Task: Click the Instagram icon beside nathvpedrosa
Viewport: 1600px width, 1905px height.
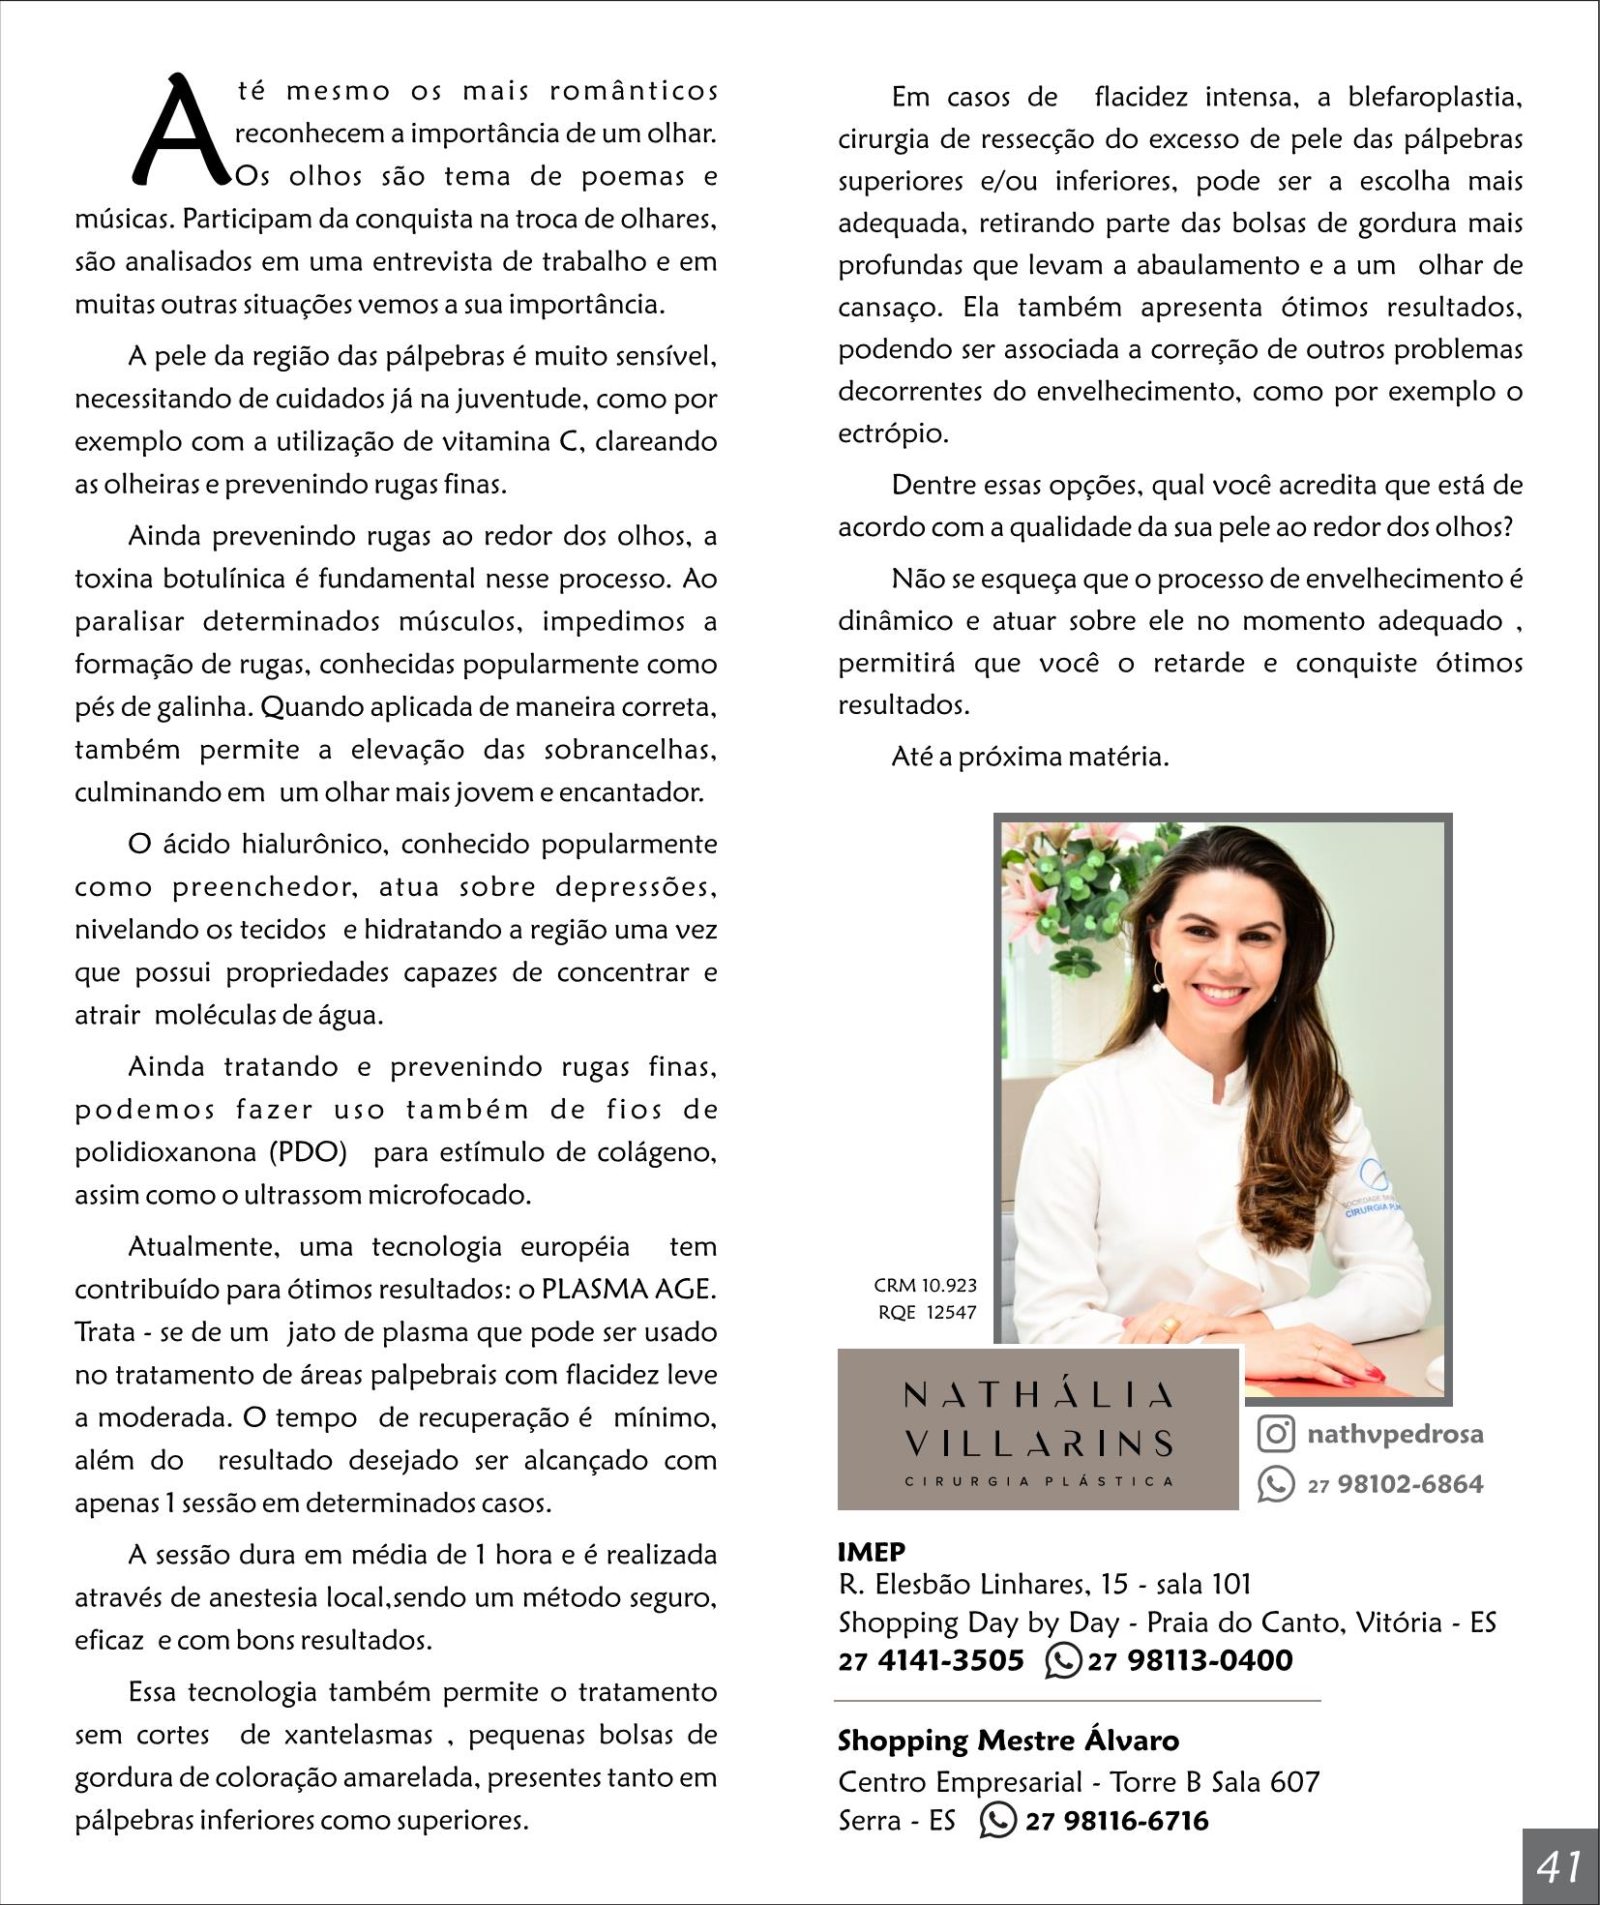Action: click(1276, 1433)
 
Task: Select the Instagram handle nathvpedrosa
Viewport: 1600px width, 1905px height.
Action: click(1394, 1434)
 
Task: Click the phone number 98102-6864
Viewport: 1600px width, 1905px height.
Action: click(1409, 1484)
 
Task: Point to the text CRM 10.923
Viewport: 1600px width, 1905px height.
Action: click(925, 1285)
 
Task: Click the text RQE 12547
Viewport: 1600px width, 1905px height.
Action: click(927, 1313)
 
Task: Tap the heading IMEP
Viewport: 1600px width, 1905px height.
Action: click(872, 1552)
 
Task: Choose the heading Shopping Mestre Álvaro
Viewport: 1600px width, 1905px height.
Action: click(1008, 1740)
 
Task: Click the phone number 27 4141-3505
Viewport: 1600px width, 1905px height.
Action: click(931, 1660)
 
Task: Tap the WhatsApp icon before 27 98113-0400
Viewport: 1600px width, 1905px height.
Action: click(1063, 1660)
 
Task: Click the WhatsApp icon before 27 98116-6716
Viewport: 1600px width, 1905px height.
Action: click(997, 1820)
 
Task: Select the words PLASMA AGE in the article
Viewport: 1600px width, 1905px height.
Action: click(628, 1289)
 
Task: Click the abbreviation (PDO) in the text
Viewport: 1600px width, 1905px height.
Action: click(308, 1152)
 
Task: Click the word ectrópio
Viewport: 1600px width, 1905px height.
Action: click(893, 433)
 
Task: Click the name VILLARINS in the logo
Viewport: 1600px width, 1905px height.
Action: click(1038, 1444)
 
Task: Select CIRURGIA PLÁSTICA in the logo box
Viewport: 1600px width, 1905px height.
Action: click(1038, 1481)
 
